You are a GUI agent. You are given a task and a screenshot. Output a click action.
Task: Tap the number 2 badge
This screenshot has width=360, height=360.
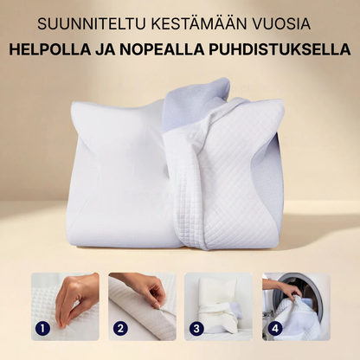[x=120, y=329]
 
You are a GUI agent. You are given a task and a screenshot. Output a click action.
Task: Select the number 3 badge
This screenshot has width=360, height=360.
[x=198, y=329]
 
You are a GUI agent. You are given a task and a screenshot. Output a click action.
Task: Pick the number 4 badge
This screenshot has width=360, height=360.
[x=276, y=329]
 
